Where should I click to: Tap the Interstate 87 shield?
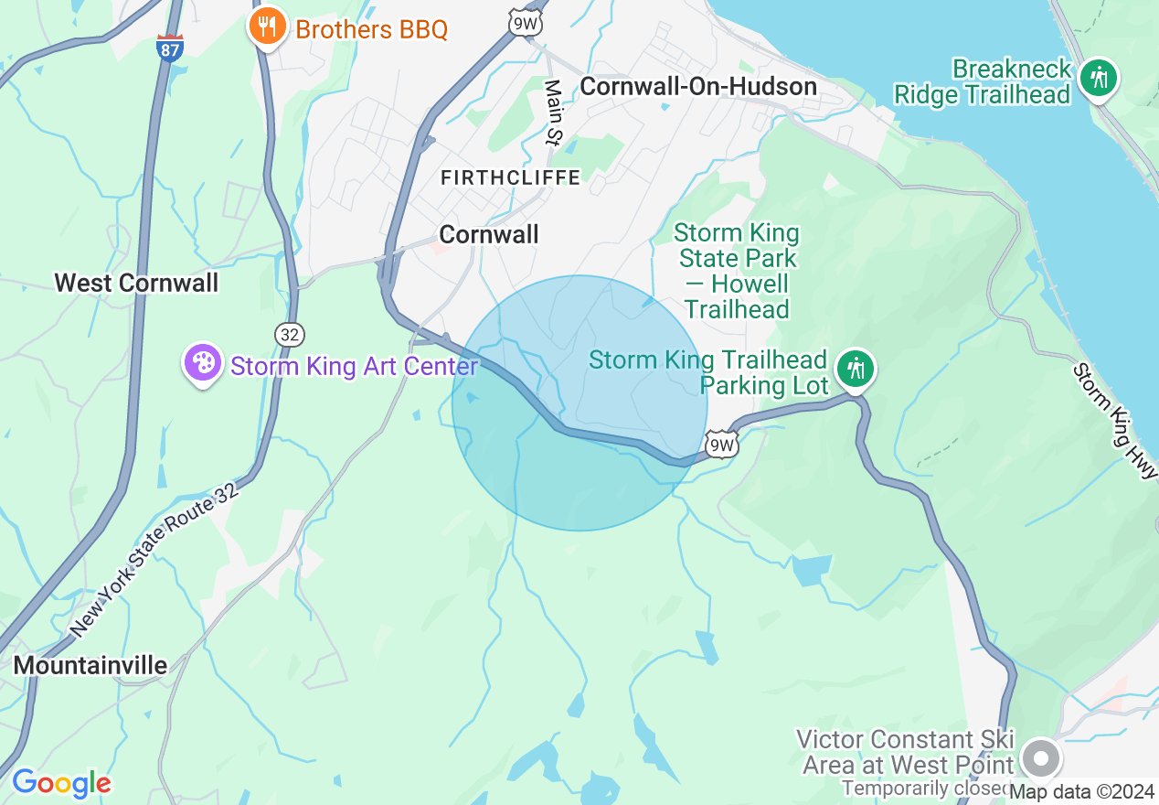pos(170,48)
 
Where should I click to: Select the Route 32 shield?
pos(289,334)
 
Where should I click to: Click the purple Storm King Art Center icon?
pos(203,363)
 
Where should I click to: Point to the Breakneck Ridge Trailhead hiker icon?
pos(1097,79)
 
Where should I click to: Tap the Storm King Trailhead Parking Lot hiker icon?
pos(856,370)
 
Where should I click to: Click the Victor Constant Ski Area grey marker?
pos(1040,758)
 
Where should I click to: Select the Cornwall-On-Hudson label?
pos(698,87)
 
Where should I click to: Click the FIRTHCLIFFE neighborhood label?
pos(510,177)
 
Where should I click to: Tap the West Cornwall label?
pos(136,283)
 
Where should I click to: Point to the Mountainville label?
pos(90,665)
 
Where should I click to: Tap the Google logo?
pos(61,783)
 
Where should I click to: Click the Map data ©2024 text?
pos(1082,791)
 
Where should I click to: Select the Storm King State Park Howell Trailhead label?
pos(737,271)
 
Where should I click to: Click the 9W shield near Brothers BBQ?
pos(526,23)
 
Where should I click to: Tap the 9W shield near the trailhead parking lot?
pos(721,445)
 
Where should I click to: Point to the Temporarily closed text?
pos(923,788)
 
